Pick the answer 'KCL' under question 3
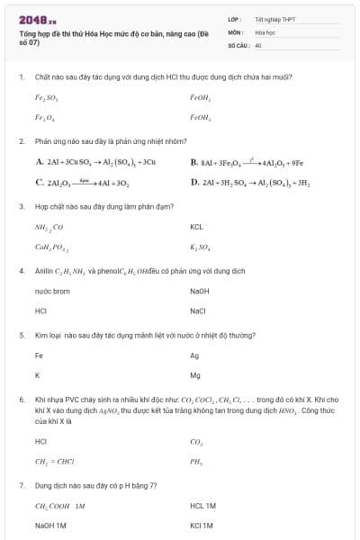198,228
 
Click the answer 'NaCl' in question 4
199,311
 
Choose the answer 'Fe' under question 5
39,355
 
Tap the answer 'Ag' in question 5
194,355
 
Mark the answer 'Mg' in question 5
195,375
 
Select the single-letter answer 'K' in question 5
37,375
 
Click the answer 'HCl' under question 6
40,441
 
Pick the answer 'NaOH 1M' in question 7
51,526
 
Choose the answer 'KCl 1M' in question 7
202,526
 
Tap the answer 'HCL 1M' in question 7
202,506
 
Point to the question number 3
21,206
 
